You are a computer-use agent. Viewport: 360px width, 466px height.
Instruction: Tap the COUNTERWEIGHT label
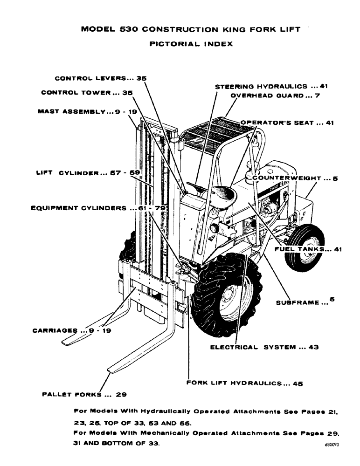coord(294,178)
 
